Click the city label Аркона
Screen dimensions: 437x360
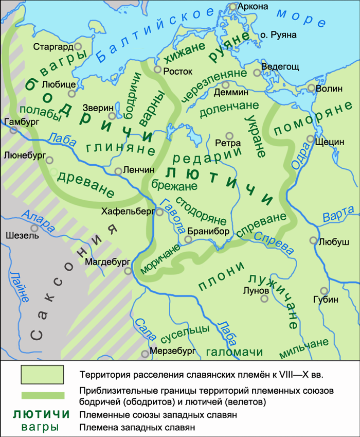tap(254, 7)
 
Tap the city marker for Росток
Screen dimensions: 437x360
tap(158, 67)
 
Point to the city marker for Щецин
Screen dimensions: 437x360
tap(311, 139)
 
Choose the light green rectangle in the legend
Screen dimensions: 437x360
tap(42, 375)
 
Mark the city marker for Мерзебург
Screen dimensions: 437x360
tap(145, 354)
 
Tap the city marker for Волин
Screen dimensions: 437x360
tap(311, 88)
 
